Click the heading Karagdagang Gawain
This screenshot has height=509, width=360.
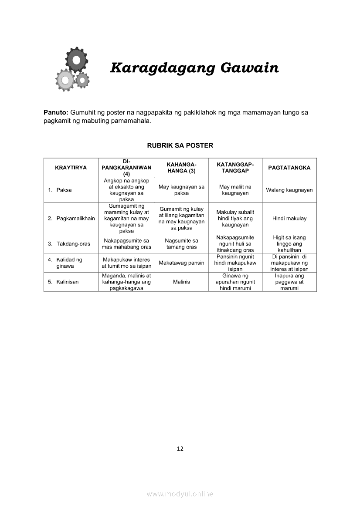(194, 69)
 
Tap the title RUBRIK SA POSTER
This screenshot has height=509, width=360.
(180, 145)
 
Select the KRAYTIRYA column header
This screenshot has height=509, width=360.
(71, 168)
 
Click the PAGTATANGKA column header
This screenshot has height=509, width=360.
(289, 168)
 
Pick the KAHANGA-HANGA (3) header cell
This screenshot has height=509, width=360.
(181, 168)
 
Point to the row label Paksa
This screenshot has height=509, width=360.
(64, 190)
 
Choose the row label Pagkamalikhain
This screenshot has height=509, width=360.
(75, 219)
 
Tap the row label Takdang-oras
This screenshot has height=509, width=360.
(73, 244)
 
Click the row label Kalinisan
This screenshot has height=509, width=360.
(67, 282)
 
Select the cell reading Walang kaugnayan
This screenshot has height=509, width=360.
(289, 190)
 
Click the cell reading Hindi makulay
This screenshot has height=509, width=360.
(289, 219)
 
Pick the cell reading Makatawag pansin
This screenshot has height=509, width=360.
(181, 263)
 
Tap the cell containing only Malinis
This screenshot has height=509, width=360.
(181, 282)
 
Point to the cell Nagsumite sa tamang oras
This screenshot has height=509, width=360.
(181, 244)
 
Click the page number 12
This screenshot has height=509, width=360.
(180, 449)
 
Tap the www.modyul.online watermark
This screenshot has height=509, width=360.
(180, 494)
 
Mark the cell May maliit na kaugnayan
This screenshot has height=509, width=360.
(235, 190)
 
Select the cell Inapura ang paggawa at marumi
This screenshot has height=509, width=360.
(289, 282)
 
